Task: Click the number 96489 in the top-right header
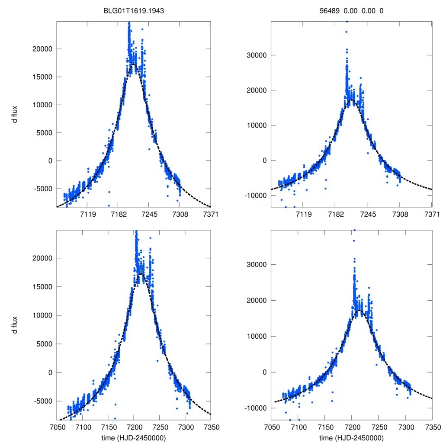(x=328, y=11)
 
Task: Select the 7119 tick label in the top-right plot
(x=303, y=215)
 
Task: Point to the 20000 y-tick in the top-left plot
(x=42, y=49)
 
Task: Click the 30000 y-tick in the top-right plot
(x=256, y=55)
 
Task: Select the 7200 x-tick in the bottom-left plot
(x=134, y=427)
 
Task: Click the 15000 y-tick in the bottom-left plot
(x=42, y=287)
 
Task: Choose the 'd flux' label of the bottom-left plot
(x=15, y=325)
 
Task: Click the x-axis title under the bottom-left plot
(x=134, y=437)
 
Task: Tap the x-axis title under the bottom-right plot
(x=352, y=437)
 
